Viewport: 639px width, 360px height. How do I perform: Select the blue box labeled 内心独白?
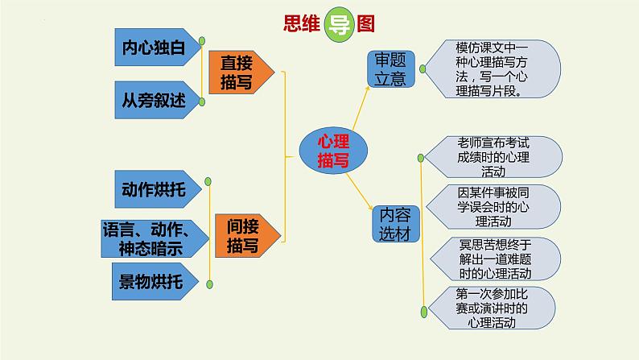click(154, 47)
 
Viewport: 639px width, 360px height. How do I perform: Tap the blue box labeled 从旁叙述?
click(154, 100)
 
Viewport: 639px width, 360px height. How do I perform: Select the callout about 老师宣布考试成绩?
click(493, 156)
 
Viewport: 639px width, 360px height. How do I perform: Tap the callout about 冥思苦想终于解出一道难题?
click(493, 257)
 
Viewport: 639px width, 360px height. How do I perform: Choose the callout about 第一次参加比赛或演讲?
click(493, 308)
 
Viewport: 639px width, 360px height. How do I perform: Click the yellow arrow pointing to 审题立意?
click(358, 108)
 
